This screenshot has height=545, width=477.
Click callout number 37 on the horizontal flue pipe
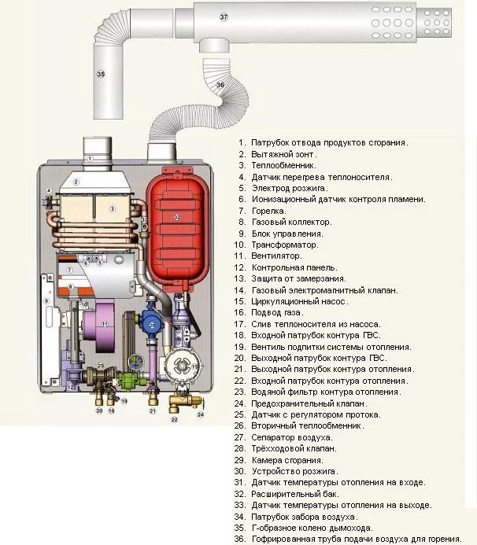click(224, 17)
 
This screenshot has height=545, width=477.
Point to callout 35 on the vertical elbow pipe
click(101, 74)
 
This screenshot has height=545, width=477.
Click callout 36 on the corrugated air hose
click(219, 84)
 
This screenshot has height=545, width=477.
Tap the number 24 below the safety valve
click(200, 414)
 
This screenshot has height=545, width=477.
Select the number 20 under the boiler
click(99, 411)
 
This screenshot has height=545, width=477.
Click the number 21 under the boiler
click(152, 411)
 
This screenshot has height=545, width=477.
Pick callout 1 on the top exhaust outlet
click(90, 158)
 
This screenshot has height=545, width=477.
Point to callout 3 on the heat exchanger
click(113, 208)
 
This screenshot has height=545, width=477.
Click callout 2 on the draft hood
click(76, 182)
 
